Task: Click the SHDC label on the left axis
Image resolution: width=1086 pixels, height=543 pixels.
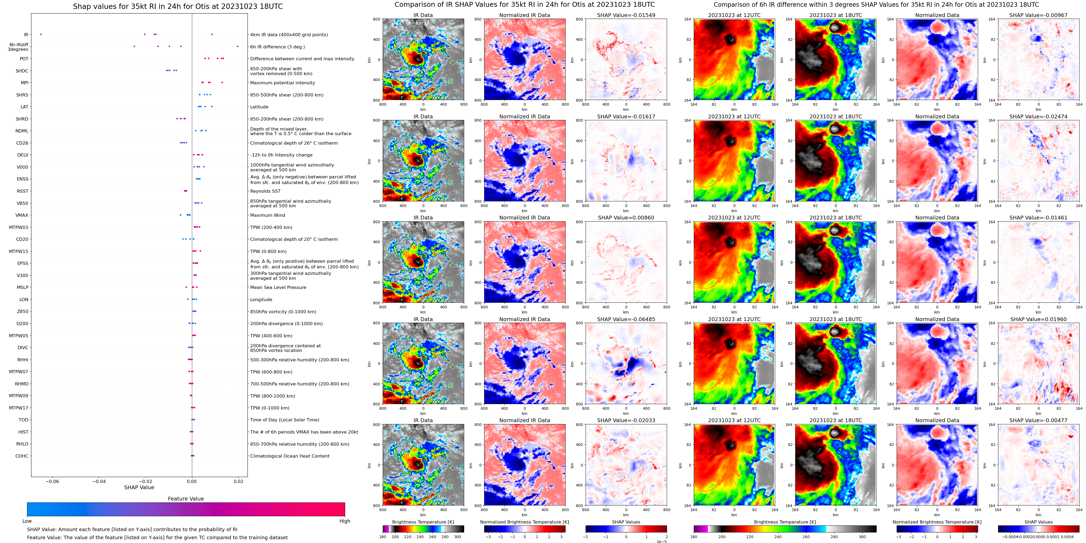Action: click(x=22, y=71)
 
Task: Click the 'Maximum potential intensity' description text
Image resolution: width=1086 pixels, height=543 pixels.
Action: click(x=282, y=83)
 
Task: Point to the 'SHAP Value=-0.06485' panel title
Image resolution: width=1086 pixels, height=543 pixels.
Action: click(x=626, y=319)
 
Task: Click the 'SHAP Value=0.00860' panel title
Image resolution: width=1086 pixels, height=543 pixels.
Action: click(x=626, y=218)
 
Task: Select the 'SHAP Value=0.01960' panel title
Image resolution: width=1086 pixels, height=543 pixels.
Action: click(x=1038, y=319)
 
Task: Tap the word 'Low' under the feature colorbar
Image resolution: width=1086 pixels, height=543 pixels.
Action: click(x=27, y=521)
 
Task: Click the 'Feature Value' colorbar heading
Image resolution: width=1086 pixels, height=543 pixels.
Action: click(x=186, y=499)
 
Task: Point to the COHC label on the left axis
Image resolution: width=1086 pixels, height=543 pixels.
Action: click(x=22, y=456)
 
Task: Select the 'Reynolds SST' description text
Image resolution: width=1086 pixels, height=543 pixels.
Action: click(x=265, y=191)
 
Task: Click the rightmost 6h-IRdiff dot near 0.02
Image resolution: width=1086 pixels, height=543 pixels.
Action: click(x=238, y=46)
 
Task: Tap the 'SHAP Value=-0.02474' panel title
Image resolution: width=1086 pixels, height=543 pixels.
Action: click(x=1038, y=117)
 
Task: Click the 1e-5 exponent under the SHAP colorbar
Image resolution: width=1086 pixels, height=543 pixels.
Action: click(x=661, y=541)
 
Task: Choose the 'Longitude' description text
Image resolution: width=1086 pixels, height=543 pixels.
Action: click(x=261, y=299)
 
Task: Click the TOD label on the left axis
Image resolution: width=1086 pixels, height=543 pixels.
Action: click(x=24, y=420)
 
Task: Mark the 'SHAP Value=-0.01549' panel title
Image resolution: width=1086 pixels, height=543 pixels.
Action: click(x=626, y=15)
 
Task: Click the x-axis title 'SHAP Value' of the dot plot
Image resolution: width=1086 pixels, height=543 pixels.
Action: click(x=139, y=487)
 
